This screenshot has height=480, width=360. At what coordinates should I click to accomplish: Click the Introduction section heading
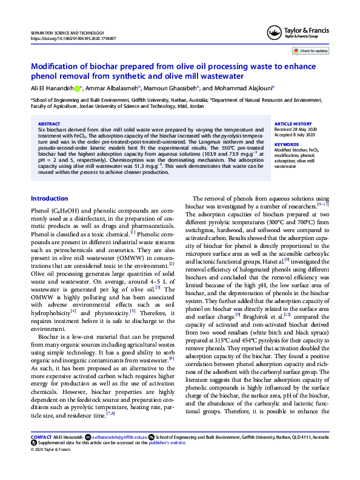click(x=49, y=199)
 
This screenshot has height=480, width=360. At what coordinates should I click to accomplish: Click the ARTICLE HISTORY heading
click(x=293, y=124)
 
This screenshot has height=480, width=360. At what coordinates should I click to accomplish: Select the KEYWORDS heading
click(x=287, y=144)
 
